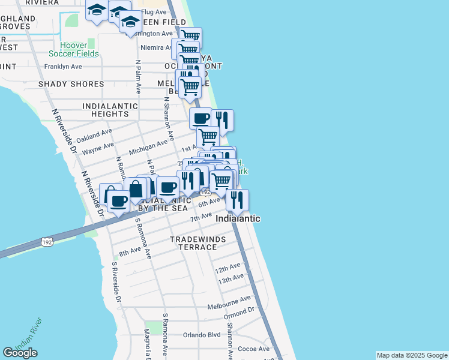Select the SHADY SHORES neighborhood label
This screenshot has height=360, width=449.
71,84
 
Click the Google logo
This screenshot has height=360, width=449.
20,353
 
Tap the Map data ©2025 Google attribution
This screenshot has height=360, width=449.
411,355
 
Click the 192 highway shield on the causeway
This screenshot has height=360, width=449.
47,241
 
